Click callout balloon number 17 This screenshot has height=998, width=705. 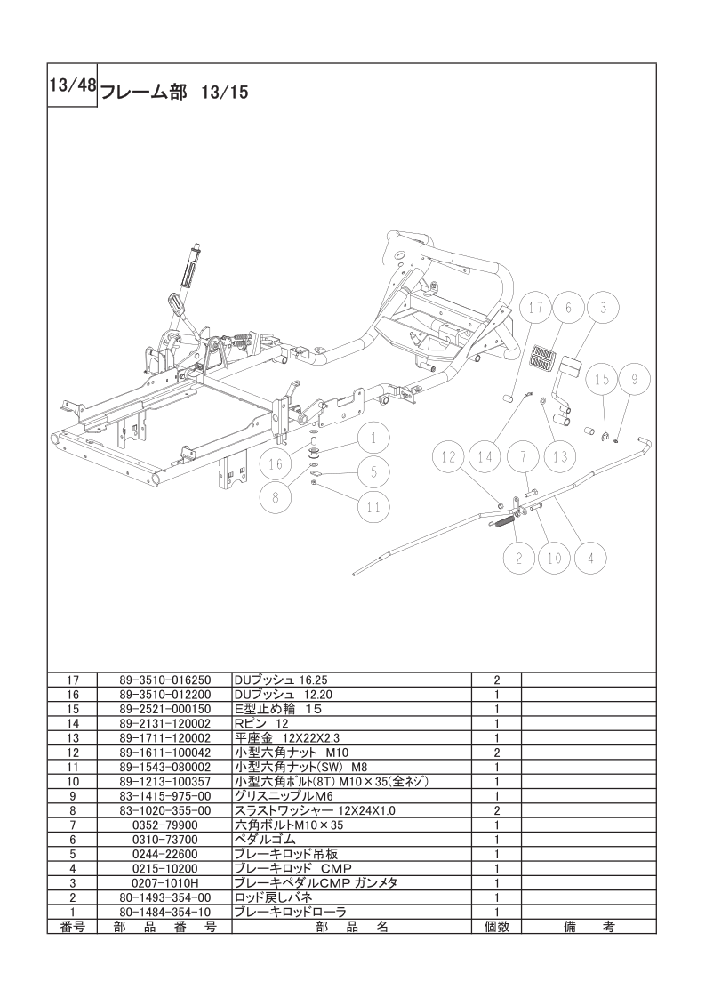coord(536,309)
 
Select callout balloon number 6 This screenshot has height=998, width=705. coord(568,309)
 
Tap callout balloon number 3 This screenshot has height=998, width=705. coord(603,309)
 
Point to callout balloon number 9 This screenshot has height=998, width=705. coord(634,380)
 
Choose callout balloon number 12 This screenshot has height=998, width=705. coord(449,457)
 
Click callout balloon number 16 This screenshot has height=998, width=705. coord(276,464)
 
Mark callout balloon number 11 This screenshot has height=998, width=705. coord(373,507)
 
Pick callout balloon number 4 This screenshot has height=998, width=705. coord(590,559)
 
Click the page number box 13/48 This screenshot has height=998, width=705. coord(72,86)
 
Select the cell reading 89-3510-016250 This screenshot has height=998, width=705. coord(164,680)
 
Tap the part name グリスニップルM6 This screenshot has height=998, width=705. coord(284,796)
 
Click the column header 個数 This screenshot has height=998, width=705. coord(496,927)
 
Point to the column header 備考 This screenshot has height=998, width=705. coord(589,927)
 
